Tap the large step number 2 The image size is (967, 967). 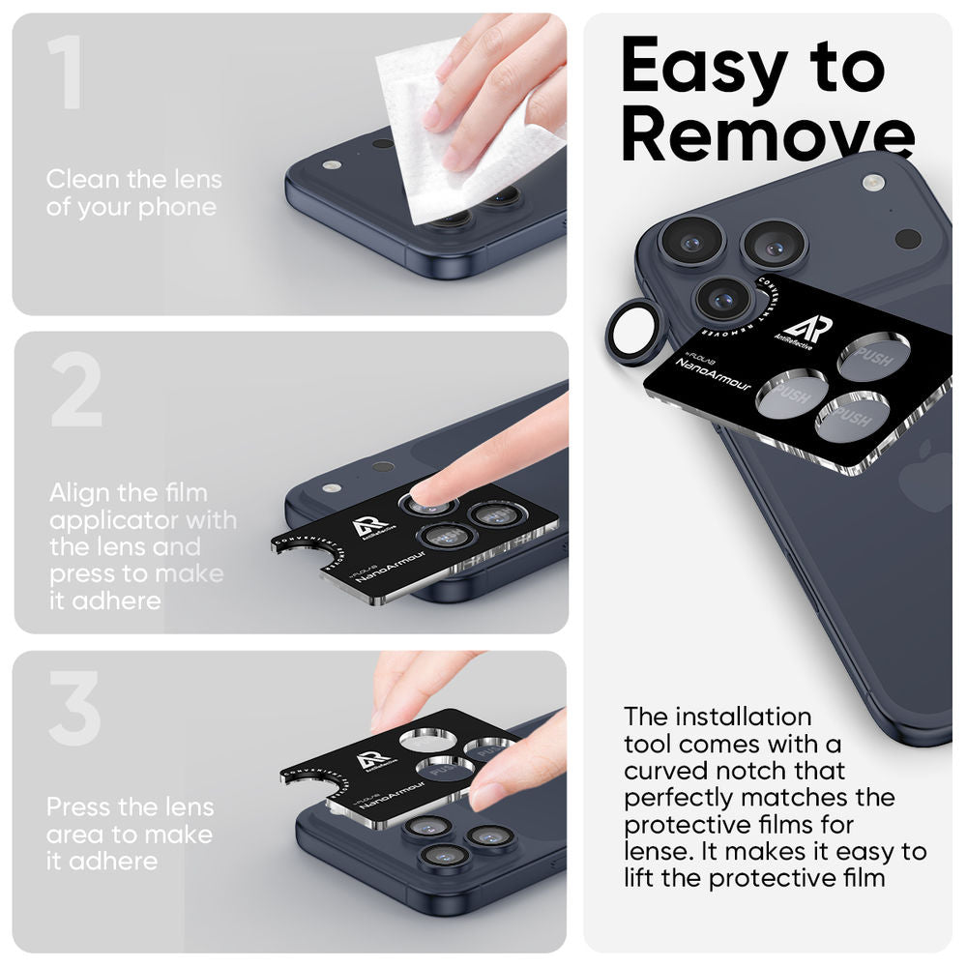click(x=75, y=391)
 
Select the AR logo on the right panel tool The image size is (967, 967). click(x=808, y=330)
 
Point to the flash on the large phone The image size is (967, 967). click(x=873, y=182)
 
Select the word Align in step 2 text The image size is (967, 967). click(x=81, y=493)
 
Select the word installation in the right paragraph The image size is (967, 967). click(x=746, y=717)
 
